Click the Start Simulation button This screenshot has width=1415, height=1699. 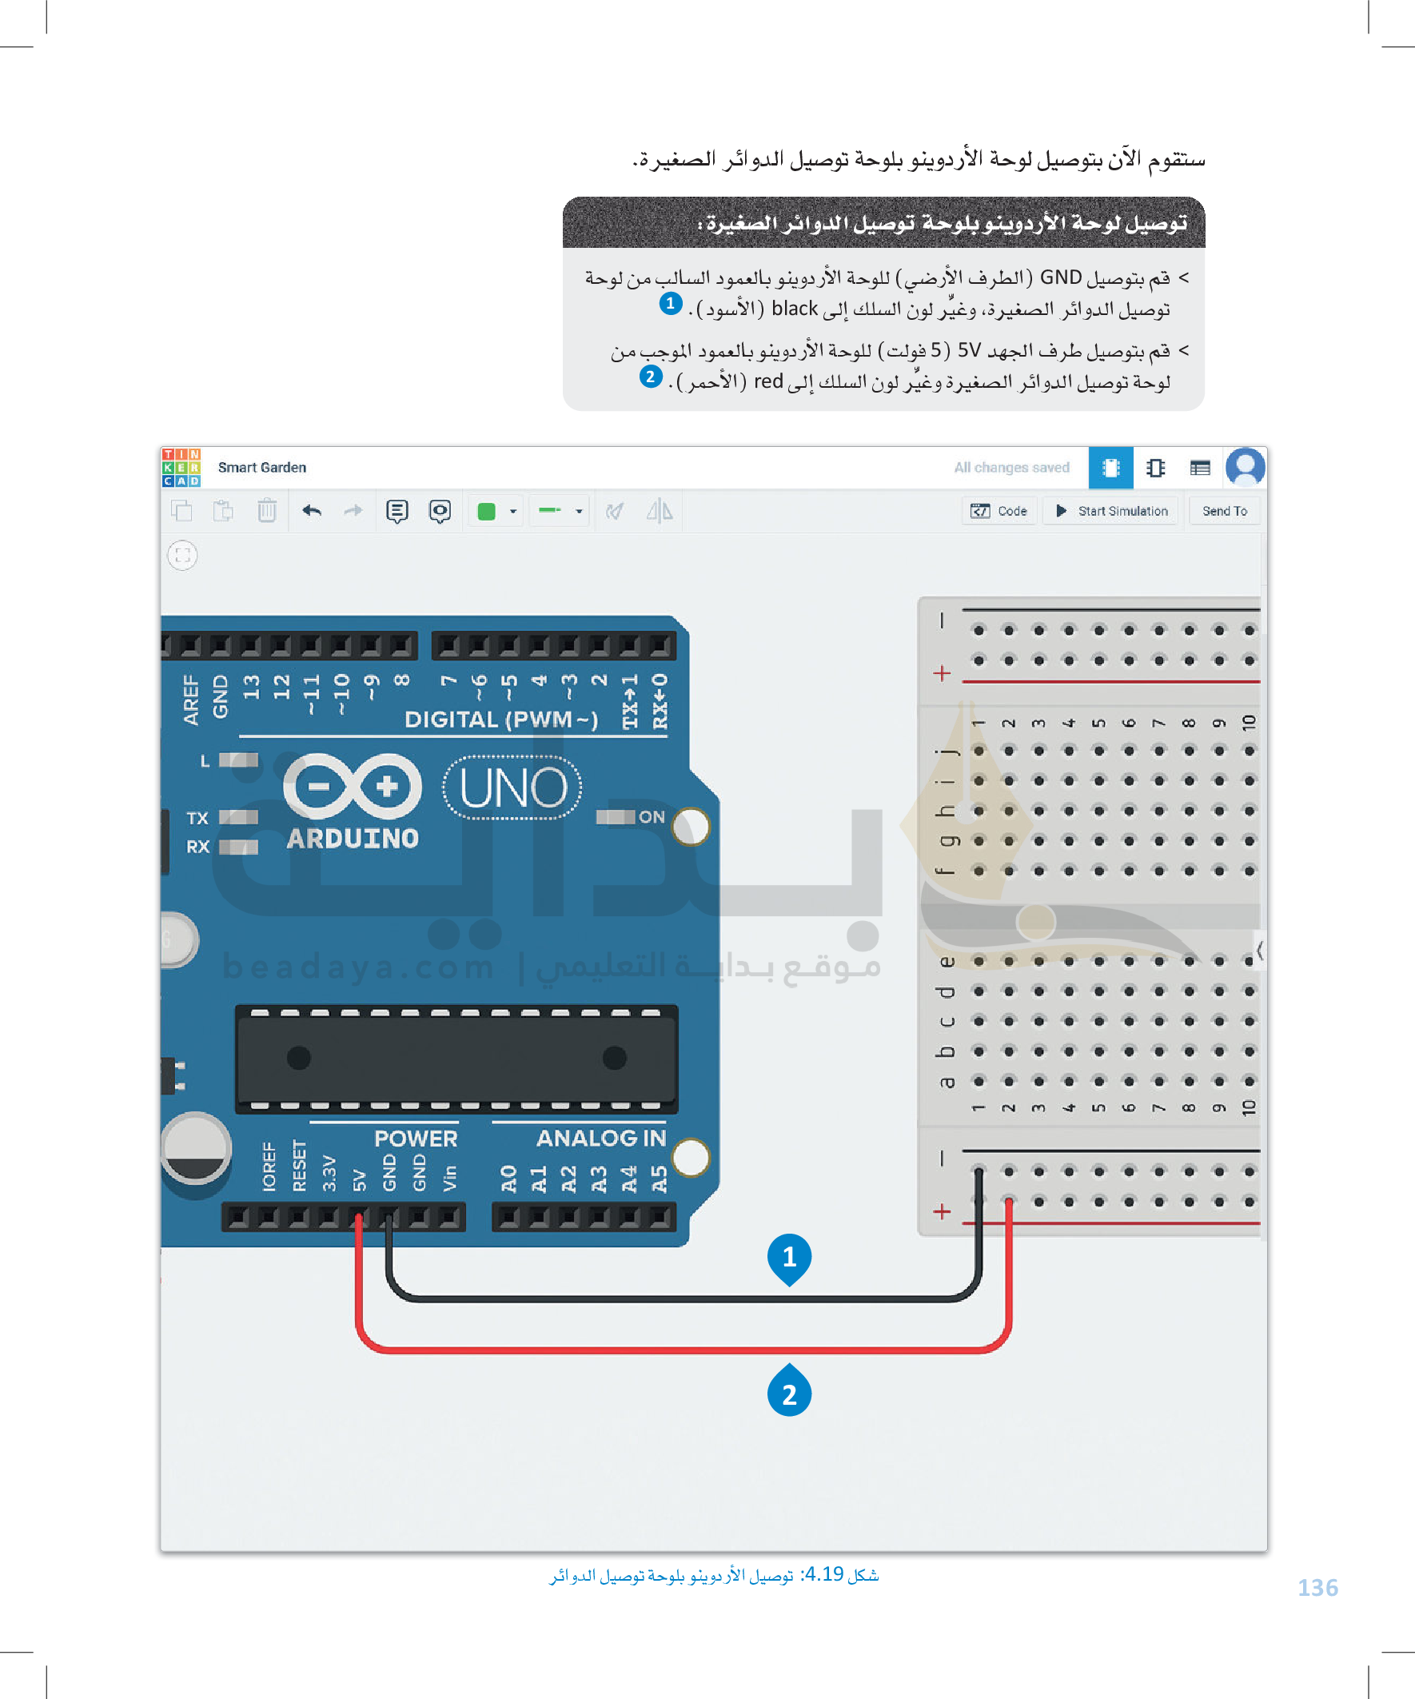[1111, 511]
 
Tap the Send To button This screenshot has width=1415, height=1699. [1224, 511]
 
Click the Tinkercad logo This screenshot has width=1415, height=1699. [181, 467]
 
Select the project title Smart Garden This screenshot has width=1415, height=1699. [262, 467]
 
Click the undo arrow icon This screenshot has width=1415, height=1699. [312, 511]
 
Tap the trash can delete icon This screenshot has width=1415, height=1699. [266, 511]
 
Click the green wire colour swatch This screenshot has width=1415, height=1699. [486, 512]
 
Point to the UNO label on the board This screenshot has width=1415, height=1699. [513, 788]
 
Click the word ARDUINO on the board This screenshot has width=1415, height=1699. [353, 838]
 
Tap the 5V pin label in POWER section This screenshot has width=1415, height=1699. [359, 1179]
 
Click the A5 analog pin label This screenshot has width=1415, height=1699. [660, 1179]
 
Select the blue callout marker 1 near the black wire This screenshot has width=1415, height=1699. [789, 1257]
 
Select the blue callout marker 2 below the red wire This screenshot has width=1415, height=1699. [789, 1393]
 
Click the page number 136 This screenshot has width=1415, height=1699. [1317, 1587]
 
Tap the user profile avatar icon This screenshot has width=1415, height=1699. [1245, 467]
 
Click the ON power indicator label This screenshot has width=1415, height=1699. [652, 817]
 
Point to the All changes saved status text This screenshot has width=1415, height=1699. [1011, 467]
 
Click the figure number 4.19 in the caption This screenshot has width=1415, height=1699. [824, 1573]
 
